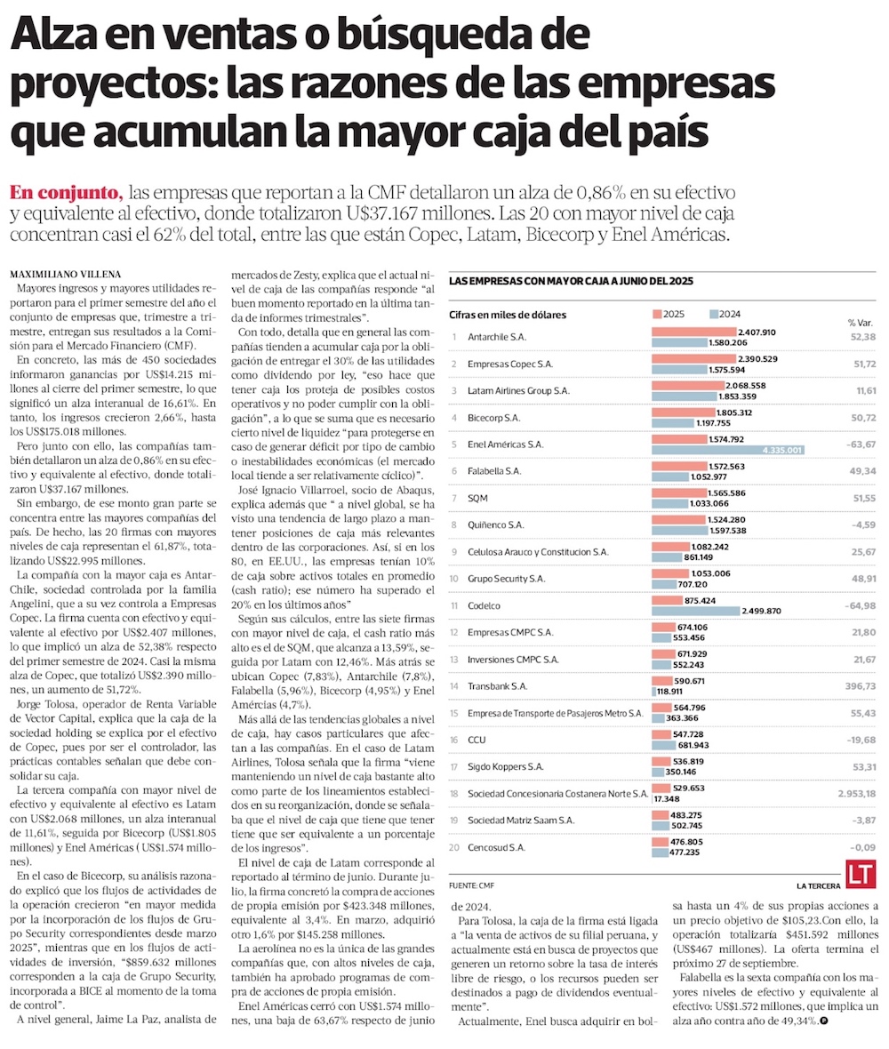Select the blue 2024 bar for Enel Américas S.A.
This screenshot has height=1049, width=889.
[x=727, y=451]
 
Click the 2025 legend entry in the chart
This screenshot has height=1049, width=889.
[x=669, y=314]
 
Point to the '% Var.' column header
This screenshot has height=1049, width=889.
[x=861, y=322]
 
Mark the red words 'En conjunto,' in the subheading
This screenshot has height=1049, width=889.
[x=64, y=193]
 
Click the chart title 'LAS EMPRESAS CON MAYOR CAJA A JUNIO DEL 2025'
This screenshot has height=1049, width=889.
[x=571, y=280]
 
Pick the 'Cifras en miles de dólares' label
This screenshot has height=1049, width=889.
[x=508, y=315]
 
